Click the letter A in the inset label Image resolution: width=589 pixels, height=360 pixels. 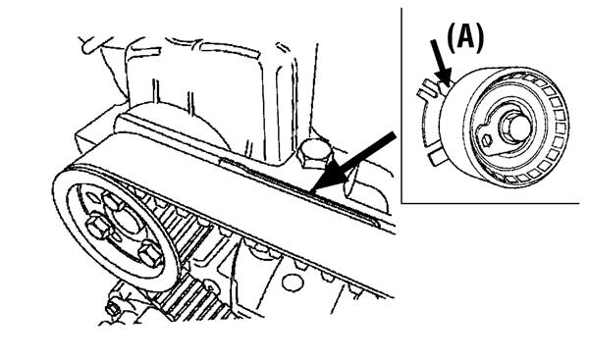click(x=465, y=37)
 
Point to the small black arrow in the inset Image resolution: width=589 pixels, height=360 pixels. click(x=441, y=63)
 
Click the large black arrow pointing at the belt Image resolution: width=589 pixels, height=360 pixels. click(x=352, y=163)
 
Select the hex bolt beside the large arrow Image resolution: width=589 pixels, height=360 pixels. click(x=315, y=153)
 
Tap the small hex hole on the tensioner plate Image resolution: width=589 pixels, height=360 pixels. click(x=487, y=140)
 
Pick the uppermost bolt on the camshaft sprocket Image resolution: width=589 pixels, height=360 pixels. click(x=115, y=202)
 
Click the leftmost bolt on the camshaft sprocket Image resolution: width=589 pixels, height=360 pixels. click(x=98, y=227)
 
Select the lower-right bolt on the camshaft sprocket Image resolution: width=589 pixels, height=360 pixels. click(x=151, y=254)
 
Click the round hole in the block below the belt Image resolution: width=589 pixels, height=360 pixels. click(x=293, y=283)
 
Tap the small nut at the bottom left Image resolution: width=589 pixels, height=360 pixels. click(x=112, y=309)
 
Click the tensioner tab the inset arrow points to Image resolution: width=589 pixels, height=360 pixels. click(x=444, y=88)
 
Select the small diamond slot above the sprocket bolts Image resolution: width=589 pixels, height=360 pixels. click(x=92, y=197)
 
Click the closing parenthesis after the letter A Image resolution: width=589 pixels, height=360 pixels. click(x=479, y=38)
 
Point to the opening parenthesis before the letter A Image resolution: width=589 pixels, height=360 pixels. click(x=452, y=38)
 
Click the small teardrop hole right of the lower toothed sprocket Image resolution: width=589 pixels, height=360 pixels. click(x=213, y=289)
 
